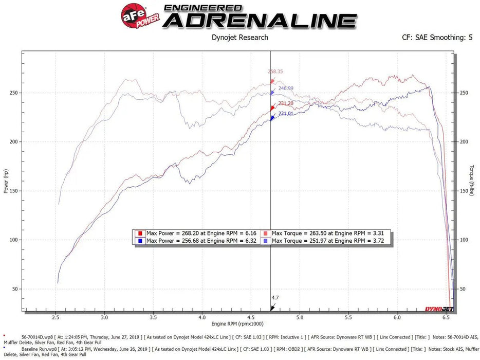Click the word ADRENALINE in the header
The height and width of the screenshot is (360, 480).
[262, 21]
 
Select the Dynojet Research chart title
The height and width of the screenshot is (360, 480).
[240, 37]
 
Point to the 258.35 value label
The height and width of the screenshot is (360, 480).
[275, 71]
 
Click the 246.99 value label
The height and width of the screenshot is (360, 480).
[286, 88]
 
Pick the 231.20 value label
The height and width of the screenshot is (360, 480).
[285, 103]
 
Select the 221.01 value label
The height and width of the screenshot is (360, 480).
[285, 114]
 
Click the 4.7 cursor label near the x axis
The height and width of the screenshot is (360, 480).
[275, 298]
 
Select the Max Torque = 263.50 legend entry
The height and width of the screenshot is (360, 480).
[327, 232]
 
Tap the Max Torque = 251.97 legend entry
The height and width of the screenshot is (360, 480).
[327, 240]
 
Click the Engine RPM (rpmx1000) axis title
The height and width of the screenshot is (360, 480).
[237, 324]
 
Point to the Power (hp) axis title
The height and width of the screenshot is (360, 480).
[6, 182]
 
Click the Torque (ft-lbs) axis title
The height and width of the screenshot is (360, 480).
[472, 180]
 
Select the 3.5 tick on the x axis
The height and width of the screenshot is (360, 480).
[153, 318]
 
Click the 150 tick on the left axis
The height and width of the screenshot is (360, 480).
[13, 191]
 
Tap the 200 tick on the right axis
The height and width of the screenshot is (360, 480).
[464, 142]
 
